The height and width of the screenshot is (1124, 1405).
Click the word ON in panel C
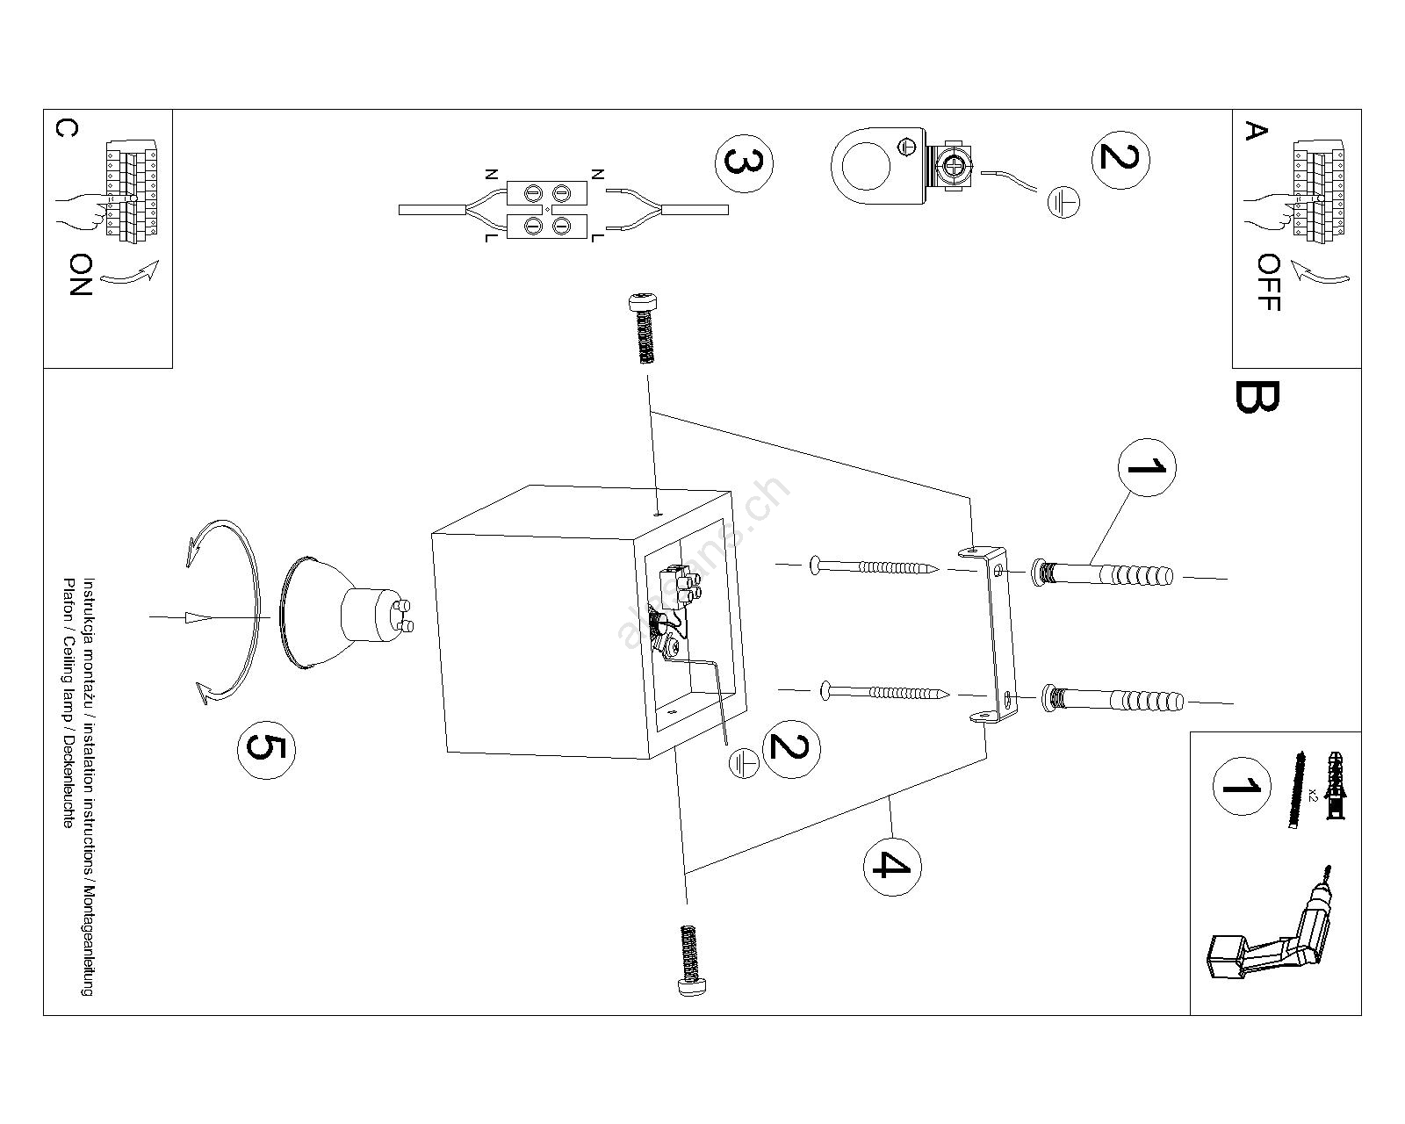click(x=81, y=275)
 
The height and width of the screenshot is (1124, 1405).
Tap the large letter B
click(x=1257, y=397)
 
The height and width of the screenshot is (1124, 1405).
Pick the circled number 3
click(x=746, y=164)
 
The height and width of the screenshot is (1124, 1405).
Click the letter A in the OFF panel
click(x=1256, y=132)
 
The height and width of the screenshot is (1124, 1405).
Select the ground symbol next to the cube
click(x=745, y=762)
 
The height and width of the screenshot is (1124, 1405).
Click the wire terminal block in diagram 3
click(x=546, y=210)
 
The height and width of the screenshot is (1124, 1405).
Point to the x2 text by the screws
click(x=1313, y=796)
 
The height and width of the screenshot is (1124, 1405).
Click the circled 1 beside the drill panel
click(x=1241, y=784)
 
